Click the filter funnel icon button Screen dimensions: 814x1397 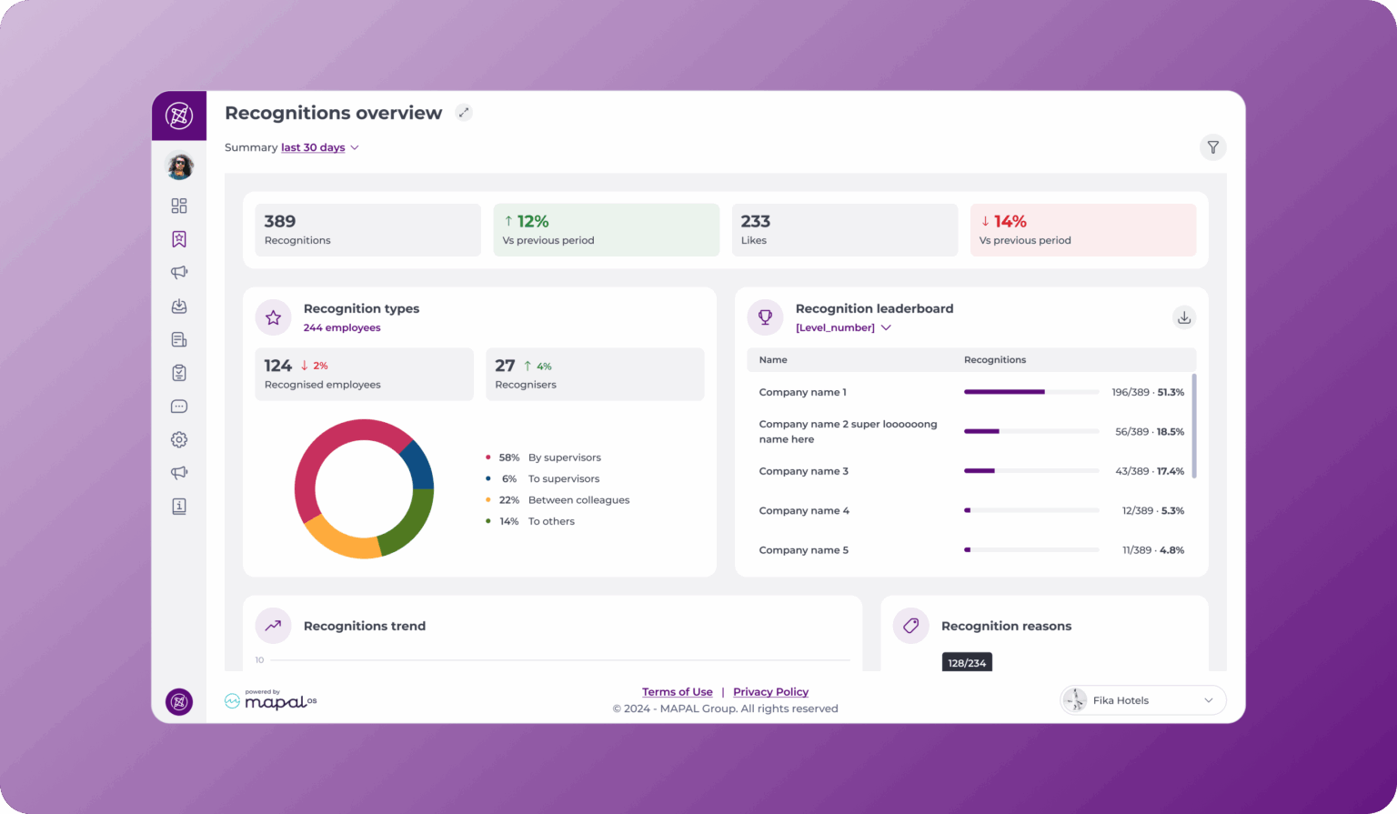pyautogui.click(x=1212, y=147)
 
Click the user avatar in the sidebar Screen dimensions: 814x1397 pyautogui.click(x=179, y=166)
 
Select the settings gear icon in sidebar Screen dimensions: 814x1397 pyautogui.click(x=179, y=439)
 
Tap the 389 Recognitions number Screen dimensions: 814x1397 pyautogui.click(x=280, y=221)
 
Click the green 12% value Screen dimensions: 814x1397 pyautogui.click(x=532, y=221)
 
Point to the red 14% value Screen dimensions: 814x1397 pyautogui.click(x=1010, y=221)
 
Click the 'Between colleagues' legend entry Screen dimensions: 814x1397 pyautogui.click(x=578, y=500)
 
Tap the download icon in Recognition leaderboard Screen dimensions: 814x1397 pyautogui.click(x=1183, y=317)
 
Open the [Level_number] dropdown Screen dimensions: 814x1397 pyautogui.click(x=843, y=327)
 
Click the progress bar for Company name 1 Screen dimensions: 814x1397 pyautogui.click(x=1030, y=392)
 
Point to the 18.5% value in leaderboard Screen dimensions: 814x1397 pyautogui.click(x=1170, y=432)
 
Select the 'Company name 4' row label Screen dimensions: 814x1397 pyautogui.click(x=804, y=511)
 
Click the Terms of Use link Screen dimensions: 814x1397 pyautogui.click(x=677, y=692)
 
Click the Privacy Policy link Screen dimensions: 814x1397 pyautogui.click(x=770, y=692)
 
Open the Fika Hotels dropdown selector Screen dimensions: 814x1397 pyautogui.click(x=1142, y=700)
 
